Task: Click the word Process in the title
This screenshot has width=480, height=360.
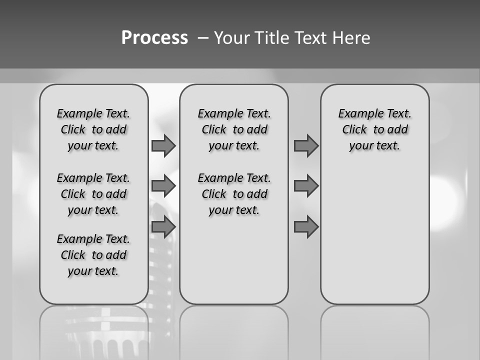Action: coord(154,38)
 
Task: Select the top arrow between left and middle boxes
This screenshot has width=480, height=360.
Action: coord(163,146)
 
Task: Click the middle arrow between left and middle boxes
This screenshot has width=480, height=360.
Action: coord(163,186)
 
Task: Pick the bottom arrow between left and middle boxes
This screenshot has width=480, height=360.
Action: coord(163,226)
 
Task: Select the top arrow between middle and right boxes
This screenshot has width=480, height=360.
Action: coord(306,146)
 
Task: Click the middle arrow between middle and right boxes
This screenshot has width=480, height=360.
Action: coord(306,186)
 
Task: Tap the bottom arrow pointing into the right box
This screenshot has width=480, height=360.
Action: coord(306,226)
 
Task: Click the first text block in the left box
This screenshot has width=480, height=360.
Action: coord(93,129)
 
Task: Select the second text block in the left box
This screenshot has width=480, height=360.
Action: coord(93,194)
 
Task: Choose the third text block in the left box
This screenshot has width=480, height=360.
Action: coord(93,255)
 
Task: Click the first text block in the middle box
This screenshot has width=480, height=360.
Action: coord(234,129)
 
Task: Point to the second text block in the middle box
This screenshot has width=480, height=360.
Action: coord(234,194)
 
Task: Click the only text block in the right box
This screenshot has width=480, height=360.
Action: coord(374,129)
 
